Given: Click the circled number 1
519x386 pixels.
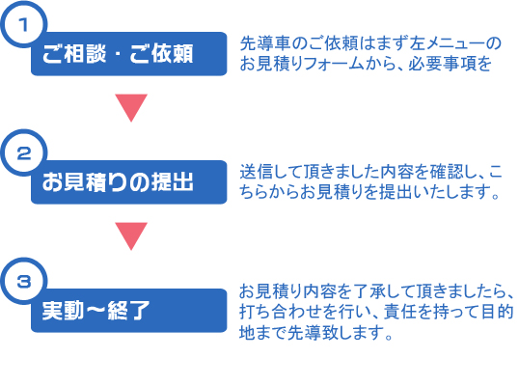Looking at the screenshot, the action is tap(23, 24).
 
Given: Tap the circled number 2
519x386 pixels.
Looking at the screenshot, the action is tap(23, 152).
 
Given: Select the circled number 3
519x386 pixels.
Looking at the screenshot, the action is tap(23, 282).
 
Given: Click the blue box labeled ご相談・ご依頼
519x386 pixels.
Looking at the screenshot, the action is tap(129, 54).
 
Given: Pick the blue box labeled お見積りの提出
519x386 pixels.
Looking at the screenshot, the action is tap(129, 182).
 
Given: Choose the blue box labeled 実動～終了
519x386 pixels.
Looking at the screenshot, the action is tap(129, 311).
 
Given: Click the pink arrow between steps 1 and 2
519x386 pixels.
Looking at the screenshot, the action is tap(131, 106).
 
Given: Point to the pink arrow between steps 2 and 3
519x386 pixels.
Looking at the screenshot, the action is tap(131, 235).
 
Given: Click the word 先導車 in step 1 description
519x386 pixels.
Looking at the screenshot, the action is tap(265, 43).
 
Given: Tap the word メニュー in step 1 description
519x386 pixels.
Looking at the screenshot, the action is tap(455, 43).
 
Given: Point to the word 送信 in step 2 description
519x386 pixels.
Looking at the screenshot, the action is tap(257, 172).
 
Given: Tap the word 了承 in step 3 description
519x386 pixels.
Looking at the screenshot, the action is tap(369, 291).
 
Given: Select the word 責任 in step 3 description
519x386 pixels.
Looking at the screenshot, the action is tap(400, 312).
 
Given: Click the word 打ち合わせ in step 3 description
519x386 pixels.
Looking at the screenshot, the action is tap(281, 312).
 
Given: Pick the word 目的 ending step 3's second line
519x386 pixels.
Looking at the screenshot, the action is tap(498, 312).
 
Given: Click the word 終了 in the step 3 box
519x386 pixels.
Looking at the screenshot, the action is tap(128, 311).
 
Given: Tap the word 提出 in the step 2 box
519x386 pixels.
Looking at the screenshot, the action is tap(173, 182).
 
